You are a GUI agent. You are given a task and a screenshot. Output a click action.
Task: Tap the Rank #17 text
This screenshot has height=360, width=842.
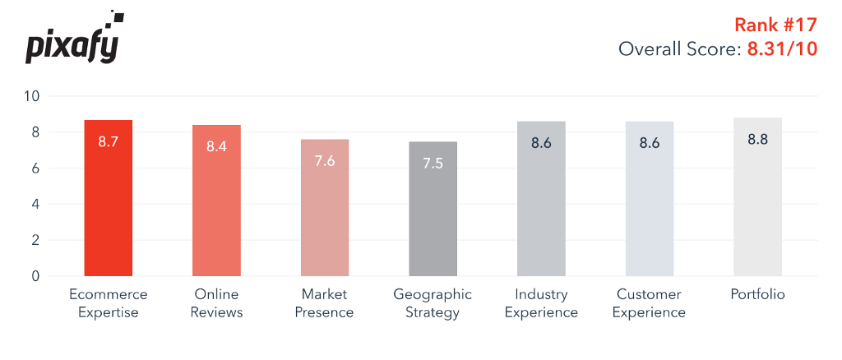[775, 25]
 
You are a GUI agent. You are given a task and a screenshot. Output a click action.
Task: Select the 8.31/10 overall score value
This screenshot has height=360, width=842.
[782, 49]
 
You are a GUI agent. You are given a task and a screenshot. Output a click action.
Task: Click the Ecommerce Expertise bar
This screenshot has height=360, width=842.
[109, 198]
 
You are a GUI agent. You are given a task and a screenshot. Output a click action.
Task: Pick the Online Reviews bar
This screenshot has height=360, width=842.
[216, 201]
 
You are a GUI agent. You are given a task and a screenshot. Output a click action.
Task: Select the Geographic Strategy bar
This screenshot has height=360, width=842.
[433, 209]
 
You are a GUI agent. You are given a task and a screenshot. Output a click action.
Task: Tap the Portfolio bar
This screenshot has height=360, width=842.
[757, 197]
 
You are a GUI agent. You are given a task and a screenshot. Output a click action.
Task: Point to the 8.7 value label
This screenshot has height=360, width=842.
[109, 141]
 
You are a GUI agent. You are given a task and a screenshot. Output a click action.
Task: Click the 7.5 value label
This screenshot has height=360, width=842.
[433, 163]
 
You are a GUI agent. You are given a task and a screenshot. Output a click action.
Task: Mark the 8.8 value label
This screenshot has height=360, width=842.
[757, 139]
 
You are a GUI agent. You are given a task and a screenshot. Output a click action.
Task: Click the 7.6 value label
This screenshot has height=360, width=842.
[324, 160]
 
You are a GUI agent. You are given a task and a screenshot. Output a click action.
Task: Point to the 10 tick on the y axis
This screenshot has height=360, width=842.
[31, 96]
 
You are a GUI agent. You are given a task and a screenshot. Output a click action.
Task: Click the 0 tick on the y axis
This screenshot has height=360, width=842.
[35, 276]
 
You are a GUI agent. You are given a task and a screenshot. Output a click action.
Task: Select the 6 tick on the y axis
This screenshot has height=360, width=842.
[35, 168]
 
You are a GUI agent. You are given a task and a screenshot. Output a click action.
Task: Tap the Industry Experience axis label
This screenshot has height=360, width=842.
[541, 302]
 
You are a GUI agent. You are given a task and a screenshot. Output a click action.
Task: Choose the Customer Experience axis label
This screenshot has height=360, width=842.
[650, 302]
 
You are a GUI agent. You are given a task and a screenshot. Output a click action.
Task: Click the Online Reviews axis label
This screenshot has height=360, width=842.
[216, 302]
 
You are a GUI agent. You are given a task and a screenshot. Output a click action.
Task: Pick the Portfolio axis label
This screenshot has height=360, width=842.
[757, 293]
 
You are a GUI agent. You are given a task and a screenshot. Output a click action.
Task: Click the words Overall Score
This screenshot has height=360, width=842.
[678, 49]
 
